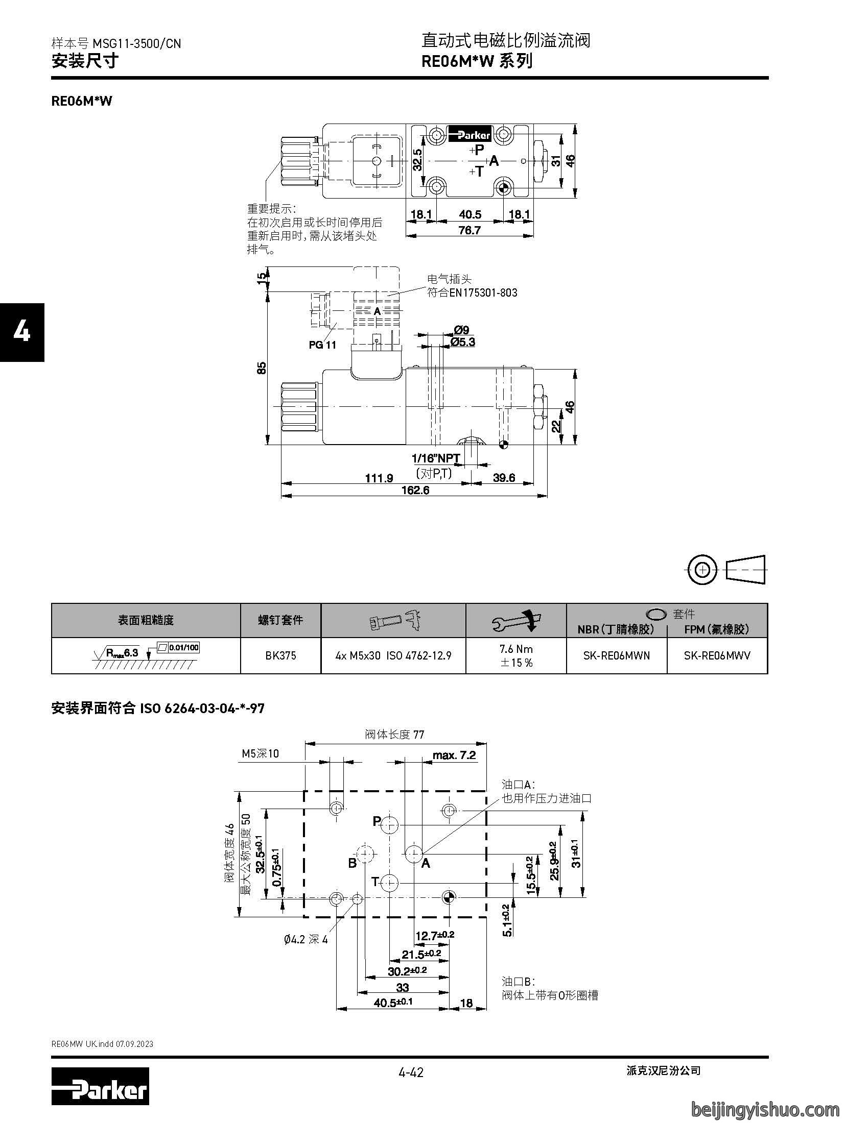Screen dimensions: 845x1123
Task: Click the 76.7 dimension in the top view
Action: tap(470, 230)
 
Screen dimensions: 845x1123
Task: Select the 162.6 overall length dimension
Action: tap(415, 490)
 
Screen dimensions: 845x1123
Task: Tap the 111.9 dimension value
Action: tap(379, 478)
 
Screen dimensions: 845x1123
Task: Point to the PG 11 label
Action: tap(322, 345)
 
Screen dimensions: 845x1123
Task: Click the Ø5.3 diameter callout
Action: tap(463, 341)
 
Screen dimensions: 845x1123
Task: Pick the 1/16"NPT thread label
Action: tap(436, 458)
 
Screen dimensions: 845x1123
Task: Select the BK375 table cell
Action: tap(280, 655)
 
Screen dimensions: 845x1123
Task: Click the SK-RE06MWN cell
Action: tap(617, 655)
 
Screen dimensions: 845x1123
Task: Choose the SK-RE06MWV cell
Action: tap(717, 655)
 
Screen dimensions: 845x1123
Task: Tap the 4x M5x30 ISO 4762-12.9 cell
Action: tap(393, 655)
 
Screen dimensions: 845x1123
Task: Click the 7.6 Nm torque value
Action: tap(516, 649)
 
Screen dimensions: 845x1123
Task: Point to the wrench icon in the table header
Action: tap(516, 621)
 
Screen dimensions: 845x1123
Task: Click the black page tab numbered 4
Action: tap(22, 332)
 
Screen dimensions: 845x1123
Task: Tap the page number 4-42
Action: tap(411, 1072)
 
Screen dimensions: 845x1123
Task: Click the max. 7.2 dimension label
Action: tap(454, 755)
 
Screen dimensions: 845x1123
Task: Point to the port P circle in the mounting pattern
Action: tap(390, 824)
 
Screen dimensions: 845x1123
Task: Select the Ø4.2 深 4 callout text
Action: tap(306, 939)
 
